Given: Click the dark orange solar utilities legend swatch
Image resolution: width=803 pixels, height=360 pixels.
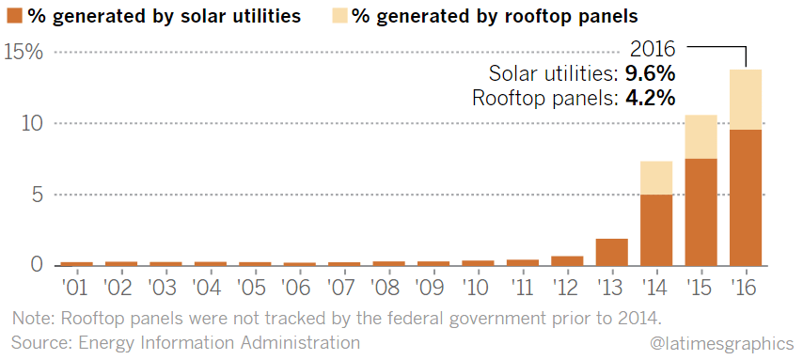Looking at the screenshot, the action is click(x=14, y=17).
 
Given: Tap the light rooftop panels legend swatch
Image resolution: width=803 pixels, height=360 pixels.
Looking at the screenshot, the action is click(x=341, y=17).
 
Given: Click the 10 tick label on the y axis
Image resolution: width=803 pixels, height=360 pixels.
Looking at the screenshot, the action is click(x=32, y=124).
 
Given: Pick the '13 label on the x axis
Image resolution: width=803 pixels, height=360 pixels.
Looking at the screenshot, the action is click(x=611, y=288).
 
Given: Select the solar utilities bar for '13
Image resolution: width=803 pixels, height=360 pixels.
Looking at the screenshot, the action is click(x=611, y=253).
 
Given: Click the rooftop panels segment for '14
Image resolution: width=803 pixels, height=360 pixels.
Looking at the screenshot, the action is click(x=656, y=178).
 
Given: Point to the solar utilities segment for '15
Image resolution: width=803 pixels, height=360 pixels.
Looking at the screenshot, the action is click(x=701, y=212).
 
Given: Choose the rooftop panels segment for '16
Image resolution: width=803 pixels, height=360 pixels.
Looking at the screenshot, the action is click(x=746, y=100).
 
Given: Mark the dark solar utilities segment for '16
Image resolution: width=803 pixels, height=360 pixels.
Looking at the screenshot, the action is click(x=746, y=197).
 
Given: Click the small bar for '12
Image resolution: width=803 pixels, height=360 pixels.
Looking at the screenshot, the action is click(x=567, y=261).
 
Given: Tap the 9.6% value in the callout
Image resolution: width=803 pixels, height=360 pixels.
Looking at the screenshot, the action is click(x=650, y=74).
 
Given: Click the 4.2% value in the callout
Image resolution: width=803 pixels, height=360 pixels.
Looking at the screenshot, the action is click(x=650, y=98).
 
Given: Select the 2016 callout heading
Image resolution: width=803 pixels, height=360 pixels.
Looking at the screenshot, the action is click(x=653, y=50).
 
